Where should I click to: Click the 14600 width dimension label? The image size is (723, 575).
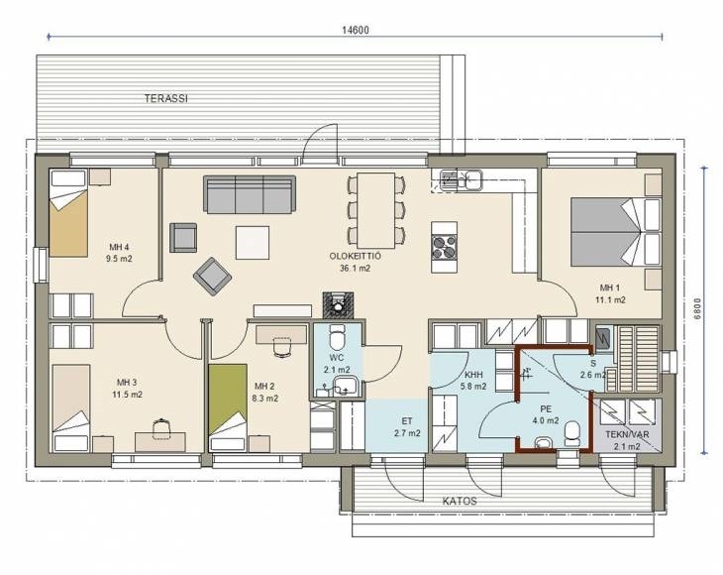click(x=355, y=30)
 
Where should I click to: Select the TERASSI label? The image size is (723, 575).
click(x=166, y=98)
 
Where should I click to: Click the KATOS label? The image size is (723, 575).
click(x=460, y=502)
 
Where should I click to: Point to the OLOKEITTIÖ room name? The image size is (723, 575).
click(x=355, y=256)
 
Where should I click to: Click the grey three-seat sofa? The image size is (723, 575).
click(x=250, y=194)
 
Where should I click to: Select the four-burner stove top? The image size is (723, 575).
click(x=444, y=248)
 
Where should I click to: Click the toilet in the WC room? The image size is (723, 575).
click(x=338, y=337)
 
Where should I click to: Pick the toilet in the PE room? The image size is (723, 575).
click(x=572, y=433)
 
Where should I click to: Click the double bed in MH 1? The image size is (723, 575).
click(x=608, y=232)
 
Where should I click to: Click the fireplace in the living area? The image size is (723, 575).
click(x=338, y=305)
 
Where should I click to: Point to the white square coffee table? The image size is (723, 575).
click(x=253, y=242)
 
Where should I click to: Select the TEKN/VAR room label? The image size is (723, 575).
click(x=627, y=435)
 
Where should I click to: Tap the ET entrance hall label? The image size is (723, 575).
click(x=407, y=421)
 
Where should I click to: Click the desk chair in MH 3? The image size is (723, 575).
click(x=160, y=428)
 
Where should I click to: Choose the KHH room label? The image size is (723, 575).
click(x=474, y=375)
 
